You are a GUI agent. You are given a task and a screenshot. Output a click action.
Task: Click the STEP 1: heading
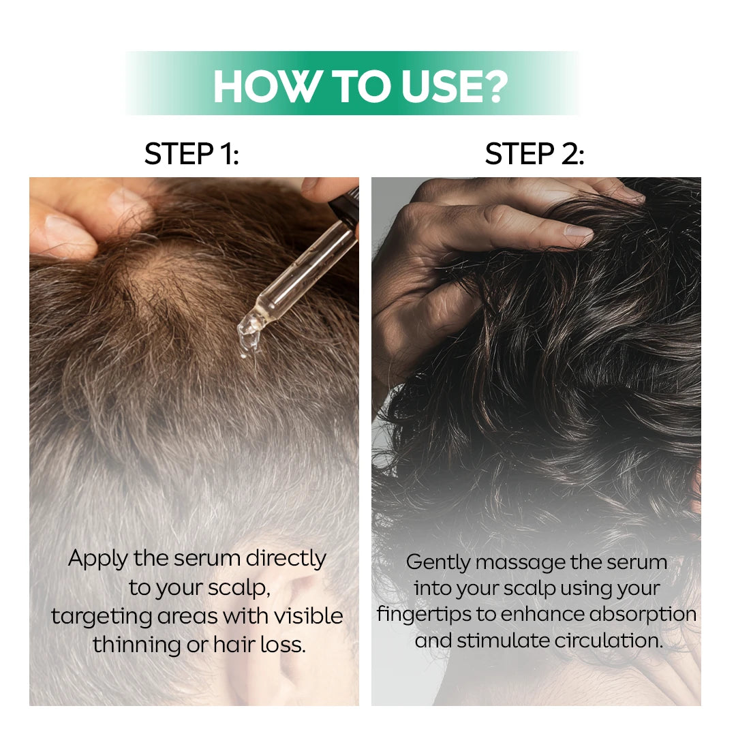pyautogui.click(x=191, y=155)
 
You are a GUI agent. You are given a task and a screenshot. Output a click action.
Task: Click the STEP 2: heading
pyautogui.click(x=534, y=155)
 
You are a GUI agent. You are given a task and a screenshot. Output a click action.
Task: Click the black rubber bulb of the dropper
pyautogui.click(x=344, y=204)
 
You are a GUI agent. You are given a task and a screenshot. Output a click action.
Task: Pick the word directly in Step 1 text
pyautogui.click(x=286, y=559)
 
